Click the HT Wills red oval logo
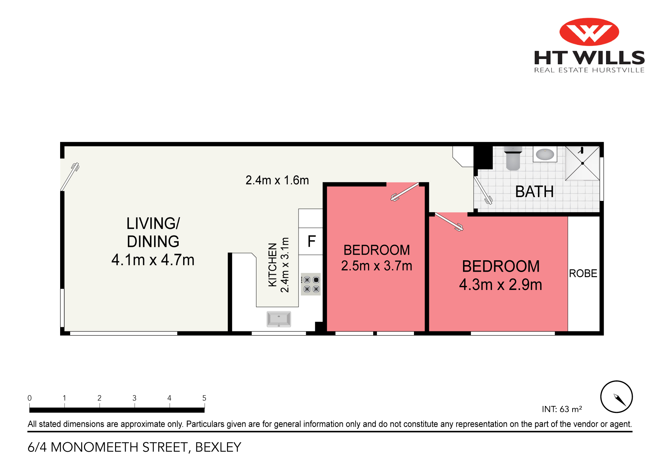click(589, 32)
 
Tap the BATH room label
click(534, 192)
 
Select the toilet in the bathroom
click(513, 158)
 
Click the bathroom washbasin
click(545, 154)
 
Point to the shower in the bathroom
click(582, 163)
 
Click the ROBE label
click(583, 273)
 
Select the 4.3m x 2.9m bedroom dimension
click(500, 285)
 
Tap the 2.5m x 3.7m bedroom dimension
click(377, 266)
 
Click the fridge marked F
click(311, 241)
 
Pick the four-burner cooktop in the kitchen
click(311, 284)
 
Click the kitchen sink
click(279, 319)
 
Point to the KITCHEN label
click(273, 265)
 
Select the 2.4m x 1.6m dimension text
click(277, 180)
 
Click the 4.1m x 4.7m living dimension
click(153, 260)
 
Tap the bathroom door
click(483, 190)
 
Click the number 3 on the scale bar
click(134, 398)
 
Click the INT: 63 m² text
click(562, 409)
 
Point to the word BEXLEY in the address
click(218, 447)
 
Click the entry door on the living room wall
click(70, 176)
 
